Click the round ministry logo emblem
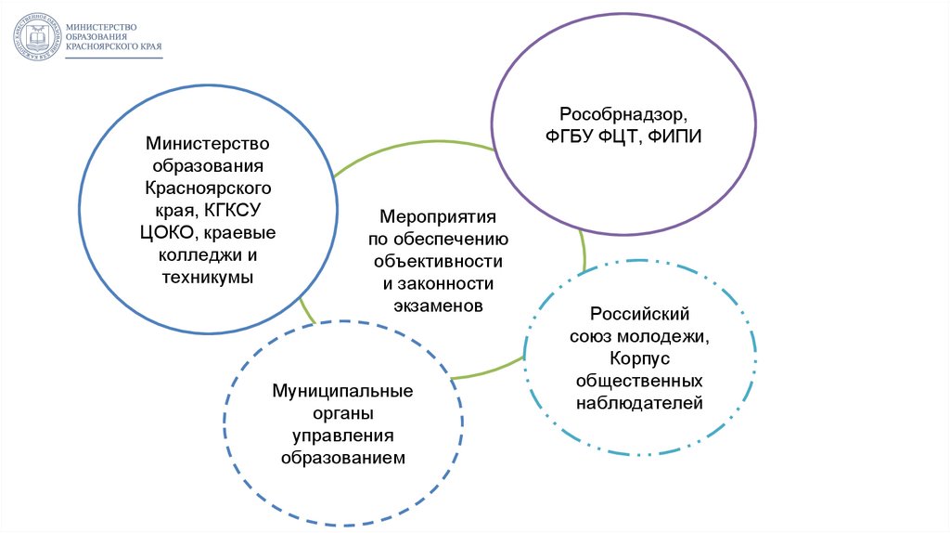[32, 36]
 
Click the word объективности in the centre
[434, 262]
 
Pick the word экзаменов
[434, 305]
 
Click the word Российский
[639, 315]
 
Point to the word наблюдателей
[639, 403]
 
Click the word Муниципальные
[342, 391]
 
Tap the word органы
[342, 413]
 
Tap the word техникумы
[206, 277]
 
